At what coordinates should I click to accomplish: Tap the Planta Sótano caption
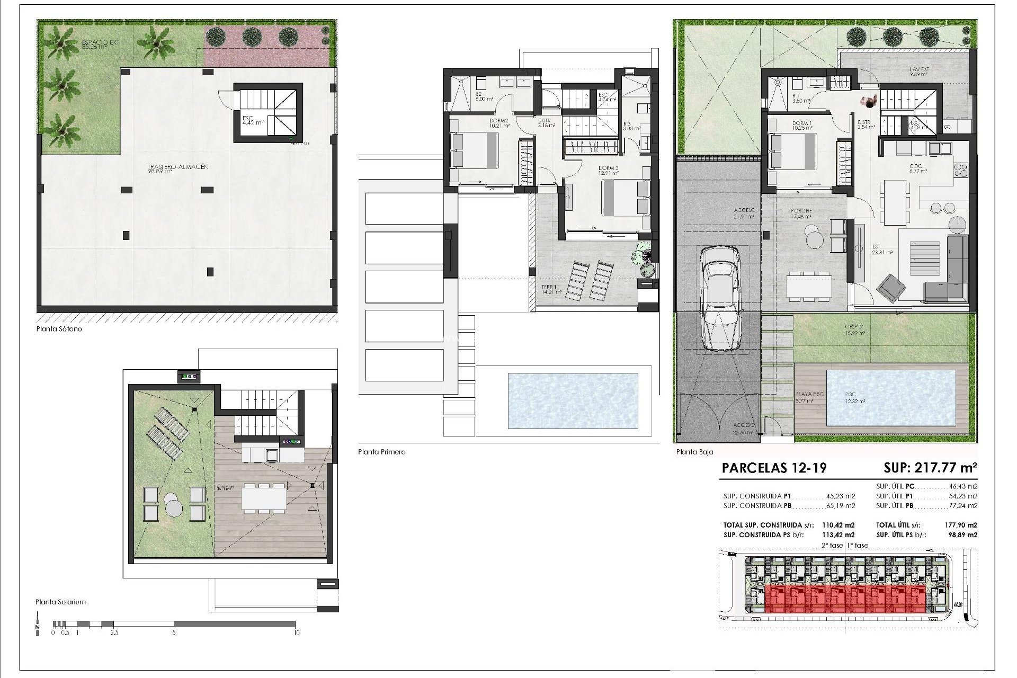59,329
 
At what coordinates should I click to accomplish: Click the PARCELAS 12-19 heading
774,468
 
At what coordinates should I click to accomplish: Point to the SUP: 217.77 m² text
930,468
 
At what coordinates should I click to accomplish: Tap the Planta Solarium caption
60,602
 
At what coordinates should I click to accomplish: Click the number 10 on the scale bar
296,632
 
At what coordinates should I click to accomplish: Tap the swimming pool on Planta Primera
573,400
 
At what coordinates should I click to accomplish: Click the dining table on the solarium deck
264,498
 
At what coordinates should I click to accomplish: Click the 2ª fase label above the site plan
832,545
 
